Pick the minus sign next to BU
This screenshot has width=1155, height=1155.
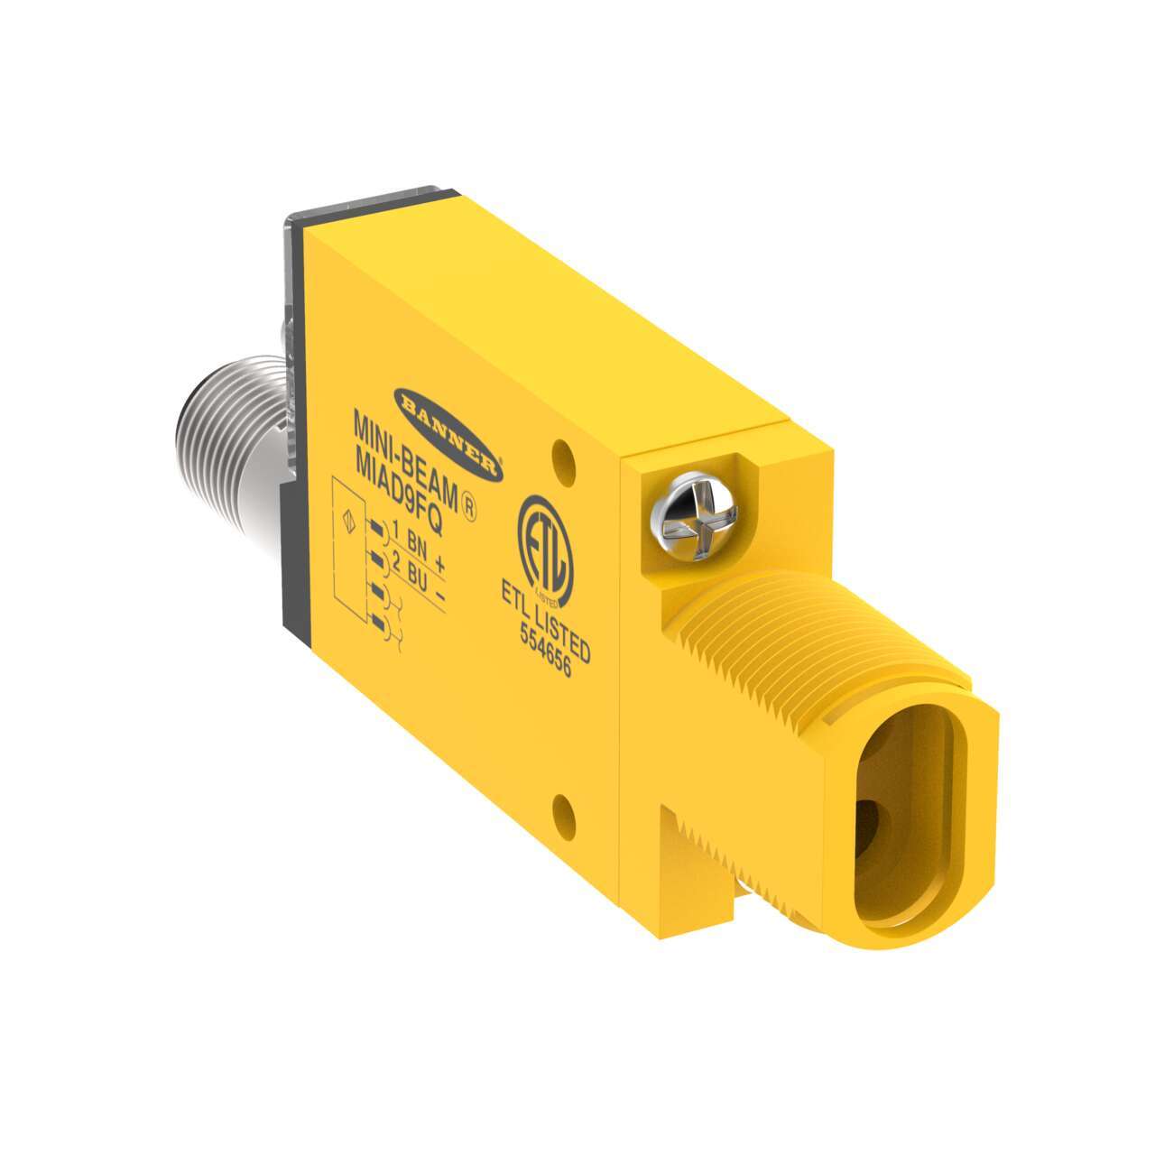click(x=440, y=596)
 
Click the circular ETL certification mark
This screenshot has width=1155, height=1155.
click(x=544, y=553)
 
